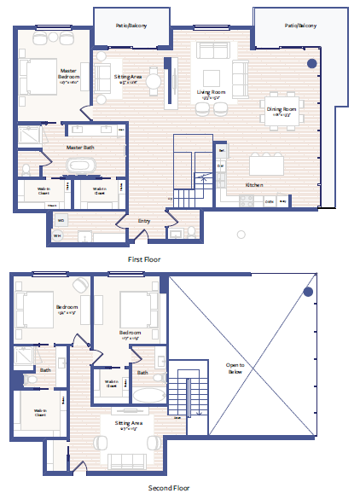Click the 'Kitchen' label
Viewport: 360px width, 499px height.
(254, 185)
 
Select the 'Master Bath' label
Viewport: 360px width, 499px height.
(82, 148)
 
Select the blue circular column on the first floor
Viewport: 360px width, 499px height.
(312, 63)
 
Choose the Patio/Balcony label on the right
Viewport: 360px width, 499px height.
(300, 26)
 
